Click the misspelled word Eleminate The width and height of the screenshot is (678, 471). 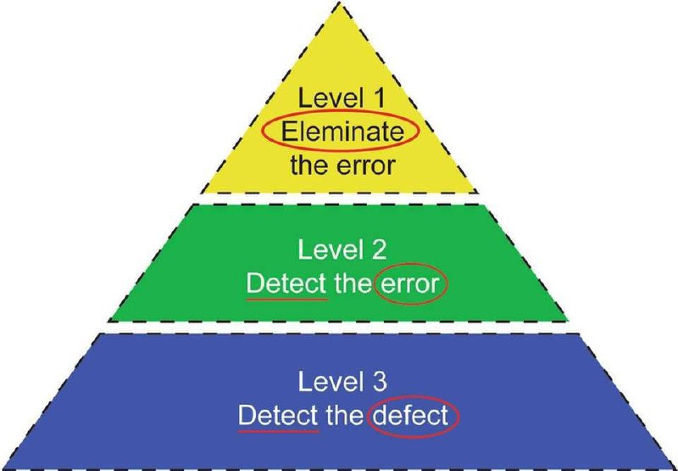[342, 132]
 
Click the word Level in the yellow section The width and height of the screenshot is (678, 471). [331, 98]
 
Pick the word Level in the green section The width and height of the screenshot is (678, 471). [330, 250]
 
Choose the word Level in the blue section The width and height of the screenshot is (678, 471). [330, 381]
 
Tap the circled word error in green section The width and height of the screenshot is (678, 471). [410, 285]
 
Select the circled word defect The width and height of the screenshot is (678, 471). [410, 416]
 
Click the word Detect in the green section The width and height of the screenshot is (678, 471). [286, 283]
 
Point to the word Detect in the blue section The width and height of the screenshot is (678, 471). [278, 416]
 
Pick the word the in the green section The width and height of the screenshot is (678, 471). [353, 283]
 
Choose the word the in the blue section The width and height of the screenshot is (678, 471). [344, 416]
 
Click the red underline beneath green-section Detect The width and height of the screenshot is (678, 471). [286, 299]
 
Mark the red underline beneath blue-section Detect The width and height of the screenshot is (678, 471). [279, 431]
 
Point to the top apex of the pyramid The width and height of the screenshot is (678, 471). [340, 3]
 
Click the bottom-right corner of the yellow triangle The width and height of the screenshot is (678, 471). [477, 192]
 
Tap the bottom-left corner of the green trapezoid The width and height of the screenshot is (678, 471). [108, 321]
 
